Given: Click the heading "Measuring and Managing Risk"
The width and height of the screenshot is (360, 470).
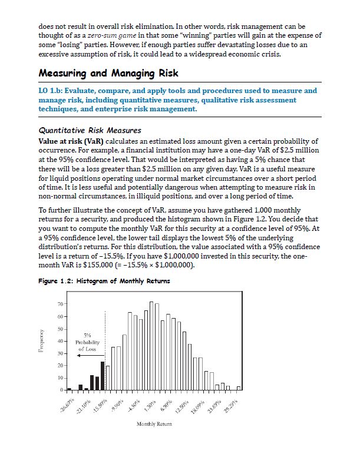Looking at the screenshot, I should [x=108, y=74].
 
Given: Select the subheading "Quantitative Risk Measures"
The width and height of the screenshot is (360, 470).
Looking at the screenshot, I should [x=90, y=130].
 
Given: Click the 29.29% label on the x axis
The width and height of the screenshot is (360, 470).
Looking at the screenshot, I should [x=237, y=403].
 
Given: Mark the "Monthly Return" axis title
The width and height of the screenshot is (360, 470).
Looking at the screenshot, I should [x=153, y=424].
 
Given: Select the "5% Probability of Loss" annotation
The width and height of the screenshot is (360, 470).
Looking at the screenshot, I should [x=87, y=342].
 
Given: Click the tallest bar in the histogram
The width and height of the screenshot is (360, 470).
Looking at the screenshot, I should [x=151, y=346].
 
